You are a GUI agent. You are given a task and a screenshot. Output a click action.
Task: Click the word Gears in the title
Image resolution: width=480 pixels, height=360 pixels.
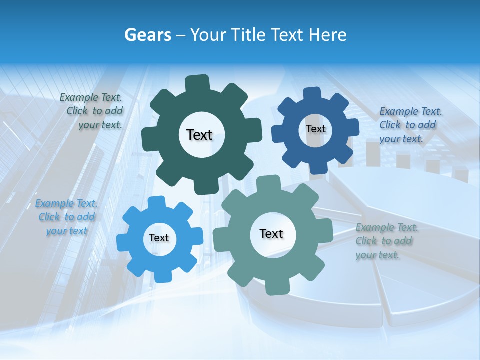tap(147, 35)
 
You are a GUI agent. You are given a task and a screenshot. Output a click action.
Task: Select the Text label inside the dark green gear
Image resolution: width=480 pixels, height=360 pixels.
tap(199, 135)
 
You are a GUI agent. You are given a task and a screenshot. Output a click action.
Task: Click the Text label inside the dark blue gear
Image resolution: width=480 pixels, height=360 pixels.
tap(315, 129)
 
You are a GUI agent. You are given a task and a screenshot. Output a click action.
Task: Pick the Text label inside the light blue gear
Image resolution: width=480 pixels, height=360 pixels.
tap(159, 238)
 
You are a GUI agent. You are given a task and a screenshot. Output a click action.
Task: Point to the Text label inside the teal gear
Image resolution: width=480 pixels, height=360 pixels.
tap(271, 234)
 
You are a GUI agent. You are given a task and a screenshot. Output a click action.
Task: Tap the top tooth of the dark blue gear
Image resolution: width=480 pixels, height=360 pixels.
tap(312, 94)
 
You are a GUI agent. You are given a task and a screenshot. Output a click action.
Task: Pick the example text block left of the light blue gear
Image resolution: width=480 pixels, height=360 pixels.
tap(67, 217)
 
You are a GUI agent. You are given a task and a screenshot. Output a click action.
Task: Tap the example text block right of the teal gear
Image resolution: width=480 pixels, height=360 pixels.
tap(386, 241)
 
